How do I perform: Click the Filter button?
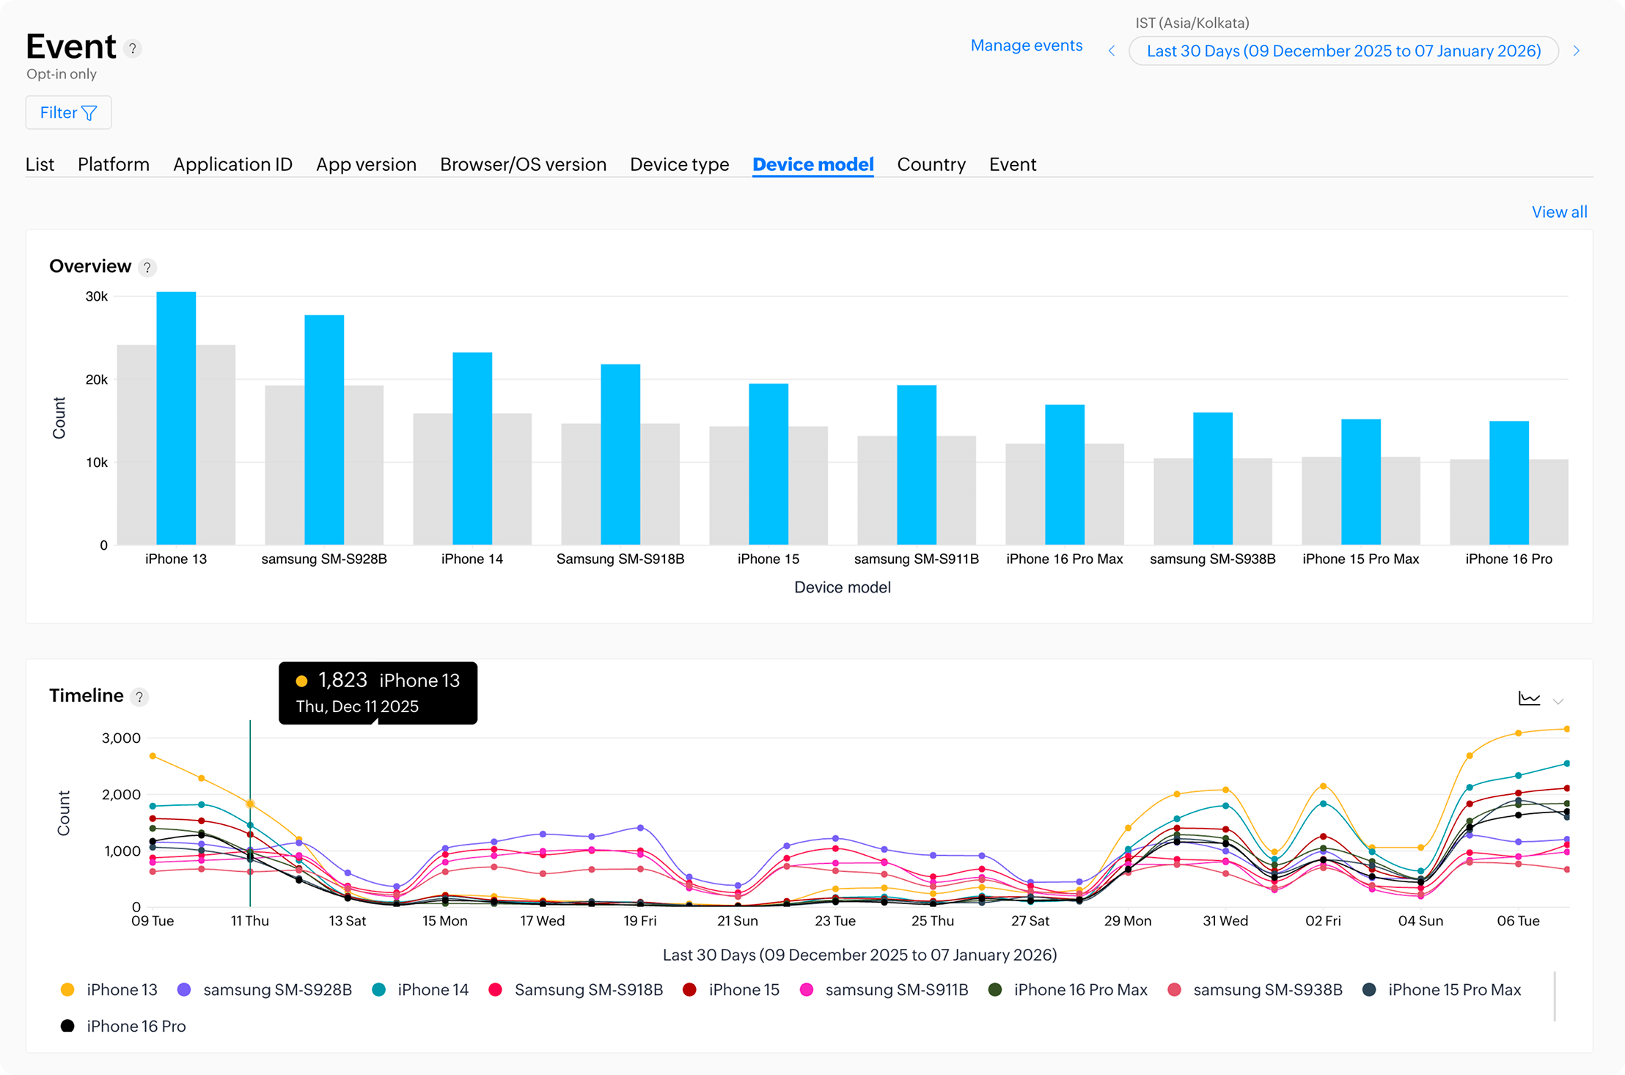click(68, 112)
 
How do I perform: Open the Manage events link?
click(1026, 45)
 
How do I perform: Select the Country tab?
click(931, 164)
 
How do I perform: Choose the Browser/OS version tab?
click(523, 164)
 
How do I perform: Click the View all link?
click(1559, 212)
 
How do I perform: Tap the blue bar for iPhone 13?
click(176, 418)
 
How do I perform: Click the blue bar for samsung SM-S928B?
click(324, 430)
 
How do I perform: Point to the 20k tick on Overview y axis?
click(96, 380)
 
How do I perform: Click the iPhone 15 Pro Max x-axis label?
click(1360, 559)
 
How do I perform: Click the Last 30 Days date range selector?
click(1343, 51)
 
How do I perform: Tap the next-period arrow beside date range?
click(1576, 51)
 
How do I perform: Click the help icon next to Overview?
click(147, 268)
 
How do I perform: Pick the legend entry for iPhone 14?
click(421, 990)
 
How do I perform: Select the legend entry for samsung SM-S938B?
click(1258, 990)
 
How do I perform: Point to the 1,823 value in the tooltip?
click(342, 680)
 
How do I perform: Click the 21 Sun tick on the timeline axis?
click(737, 921)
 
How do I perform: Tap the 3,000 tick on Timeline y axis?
click(121, 738)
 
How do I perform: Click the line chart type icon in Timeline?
click(1529, 699)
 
